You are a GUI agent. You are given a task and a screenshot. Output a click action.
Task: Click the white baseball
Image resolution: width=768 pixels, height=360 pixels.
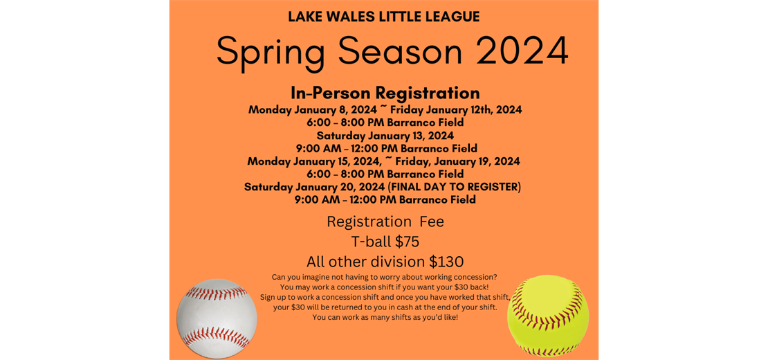pos(217,318)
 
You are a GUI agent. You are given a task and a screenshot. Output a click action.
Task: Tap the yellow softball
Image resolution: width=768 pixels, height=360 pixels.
pos(548,316)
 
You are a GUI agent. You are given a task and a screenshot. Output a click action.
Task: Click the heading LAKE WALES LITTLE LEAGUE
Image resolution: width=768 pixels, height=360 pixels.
pos(384,17)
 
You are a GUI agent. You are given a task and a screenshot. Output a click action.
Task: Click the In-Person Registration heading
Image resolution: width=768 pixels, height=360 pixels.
pos(385,93)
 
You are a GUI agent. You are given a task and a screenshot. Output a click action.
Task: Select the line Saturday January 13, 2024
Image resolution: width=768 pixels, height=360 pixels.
pos(385,135)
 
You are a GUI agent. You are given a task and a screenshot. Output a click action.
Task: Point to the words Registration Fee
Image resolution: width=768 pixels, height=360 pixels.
pos(385,222)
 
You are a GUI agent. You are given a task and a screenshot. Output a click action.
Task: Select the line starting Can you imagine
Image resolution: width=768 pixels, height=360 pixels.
pos(385,277)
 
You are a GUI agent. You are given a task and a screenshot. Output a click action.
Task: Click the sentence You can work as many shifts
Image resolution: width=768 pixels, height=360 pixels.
pos(385,317)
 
